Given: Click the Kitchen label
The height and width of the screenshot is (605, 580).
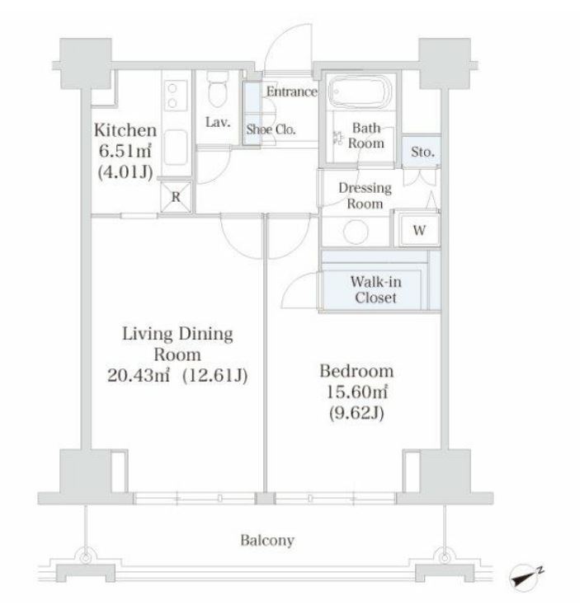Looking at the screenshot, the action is click(125, 130).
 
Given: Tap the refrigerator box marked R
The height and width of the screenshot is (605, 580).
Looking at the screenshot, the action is click(176, 197).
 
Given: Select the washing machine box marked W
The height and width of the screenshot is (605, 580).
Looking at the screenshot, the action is click(419, 230).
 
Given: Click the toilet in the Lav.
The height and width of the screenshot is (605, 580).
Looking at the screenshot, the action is click(218, 89).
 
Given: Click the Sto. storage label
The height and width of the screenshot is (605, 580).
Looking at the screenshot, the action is click(423, 152).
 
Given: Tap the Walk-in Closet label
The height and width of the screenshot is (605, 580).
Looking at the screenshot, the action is click(375, 290).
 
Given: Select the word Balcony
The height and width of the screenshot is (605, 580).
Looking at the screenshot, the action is click(267, 540).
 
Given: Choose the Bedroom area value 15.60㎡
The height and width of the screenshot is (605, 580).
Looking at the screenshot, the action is click(357, 392).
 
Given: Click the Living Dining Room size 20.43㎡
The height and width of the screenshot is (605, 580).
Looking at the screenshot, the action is click(139, 375).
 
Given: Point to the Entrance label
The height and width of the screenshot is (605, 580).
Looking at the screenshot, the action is click(292, 91).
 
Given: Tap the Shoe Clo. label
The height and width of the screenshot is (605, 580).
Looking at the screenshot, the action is click(271, 129).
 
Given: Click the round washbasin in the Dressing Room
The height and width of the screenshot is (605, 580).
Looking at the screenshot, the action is click(356, 232).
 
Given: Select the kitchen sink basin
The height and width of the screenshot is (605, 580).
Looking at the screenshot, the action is click(176, 148).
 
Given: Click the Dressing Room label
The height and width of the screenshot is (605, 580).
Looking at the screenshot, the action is click(365, 195).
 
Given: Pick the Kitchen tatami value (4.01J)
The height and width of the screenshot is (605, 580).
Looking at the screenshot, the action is click(125, 172).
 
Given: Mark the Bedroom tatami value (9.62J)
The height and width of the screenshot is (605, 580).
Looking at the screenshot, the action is click(356, 413).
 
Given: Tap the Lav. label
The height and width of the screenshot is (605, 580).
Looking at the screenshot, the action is click(218, 122).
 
